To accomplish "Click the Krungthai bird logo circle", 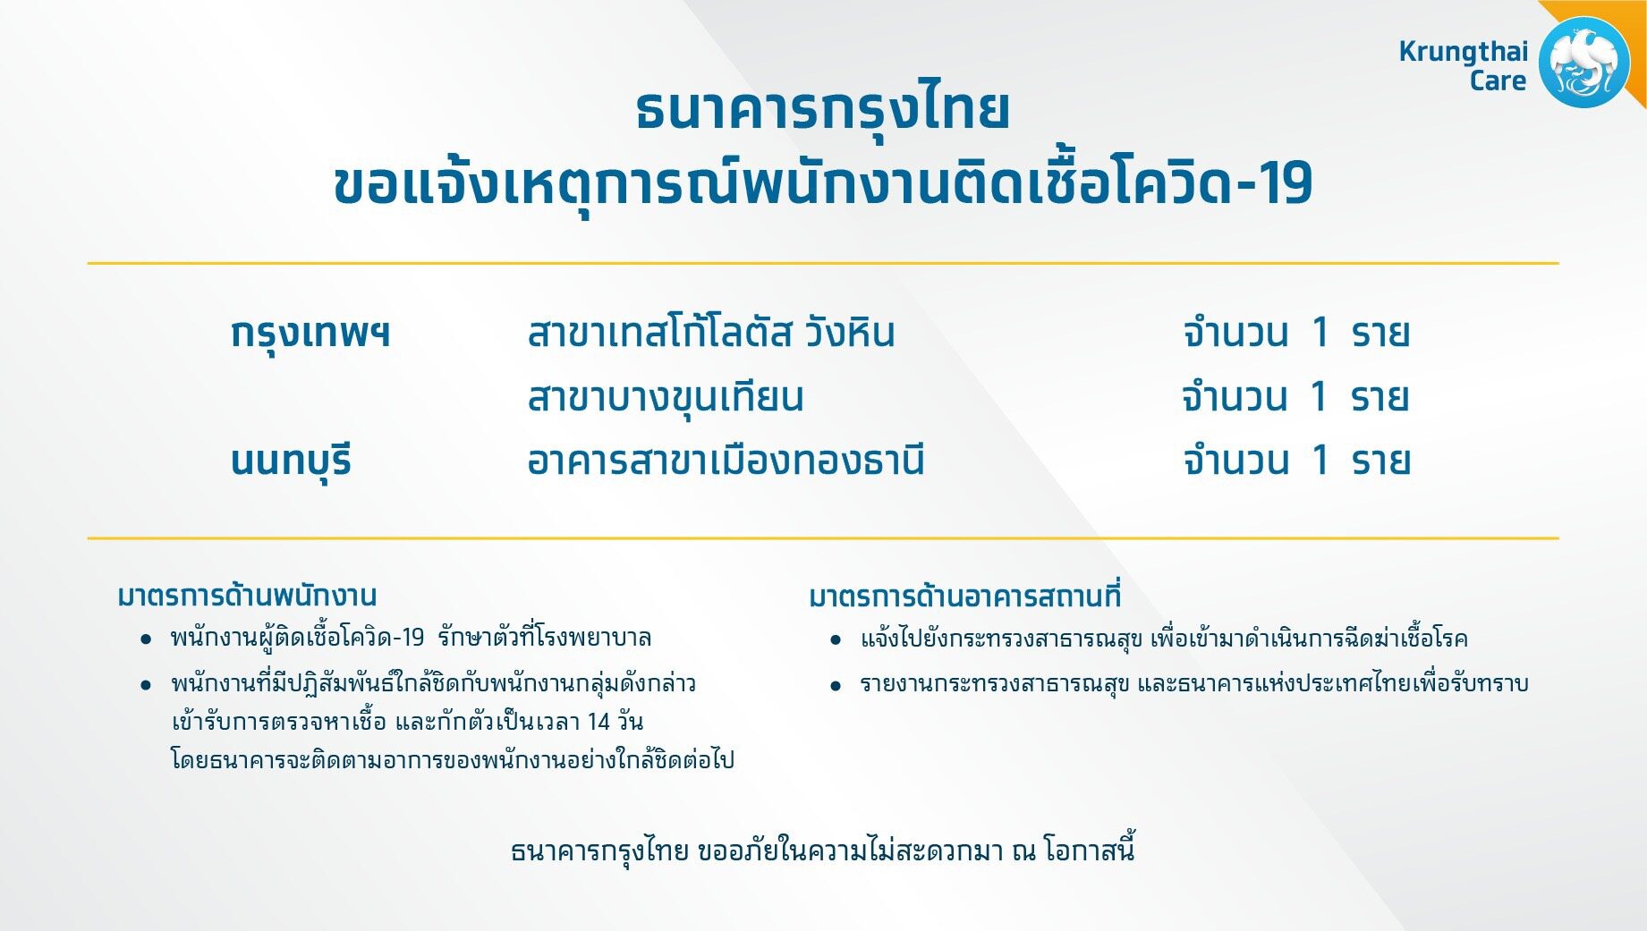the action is pyautogui.click(x=1584, y=63).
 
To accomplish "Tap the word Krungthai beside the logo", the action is pyautogui.click(x=1464, y=51).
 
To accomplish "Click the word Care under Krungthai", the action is pyautogui.click(x=1498, y=80).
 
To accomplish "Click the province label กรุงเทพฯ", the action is pyautogui.click(x=310, y=334).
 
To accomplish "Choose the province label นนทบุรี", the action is pyautogui.click(x=291, y=461).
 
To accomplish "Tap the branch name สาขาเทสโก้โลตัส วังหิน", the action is pyautogui.click(x=711, y=332).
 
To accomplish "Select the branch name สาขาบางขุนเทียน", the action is pyautogui.click(x=666, y=397).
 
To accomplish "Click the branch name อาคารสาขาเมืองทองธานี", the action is pyautogui.click(x=726, y=460).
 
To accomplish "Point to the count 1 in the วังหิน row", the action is pyautogui.click(x=1320, y=333).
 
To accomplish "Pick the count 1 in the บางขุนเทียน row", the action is pyautogui.click(x=1318, y=396).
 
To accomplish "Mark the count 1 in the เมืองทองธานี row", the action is pyautogui.click(x=1320, y=461).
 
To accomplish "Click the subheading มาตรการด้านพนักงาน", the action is pyautogui.click(x=247, y=596).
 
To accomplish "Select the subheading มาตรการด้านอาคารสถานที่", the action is pyautogui.click(x=964, y=596).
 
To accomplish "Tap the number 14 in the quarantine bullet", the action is pyautogui.click(x=599, y=721).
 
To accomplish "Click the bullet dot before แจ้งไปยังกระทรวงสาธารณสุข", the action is pyautogui.click(x=836, y=640).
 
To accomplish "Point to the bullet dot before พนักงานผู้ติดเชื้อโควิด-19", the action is pyautogui.click(x=146, y=639).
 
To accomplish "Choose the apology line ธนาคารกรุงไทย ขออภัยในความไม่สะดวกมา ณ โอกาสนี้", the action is pyautogui.click(x=823, y=850).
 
